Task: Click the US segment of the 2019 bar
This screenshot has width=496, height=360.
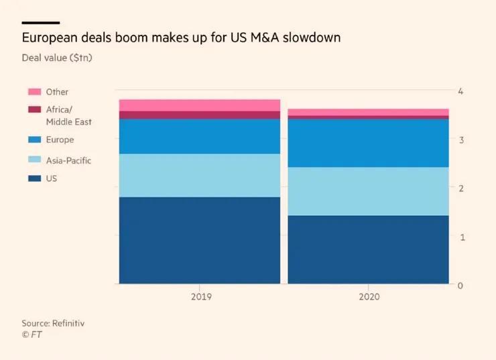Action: (x=200, y=240)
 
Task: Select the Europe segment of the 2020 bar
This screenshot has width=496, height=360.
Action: (x=368, y=143)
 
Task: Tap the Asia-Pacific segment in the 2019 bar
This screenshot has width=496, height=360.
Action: (x=200, y=175)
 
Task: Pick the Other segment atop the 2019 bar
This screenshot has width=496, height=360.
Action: (x=200, y=105)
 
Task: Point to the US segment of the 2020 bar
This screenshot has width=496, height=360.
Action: (x=368, y=249)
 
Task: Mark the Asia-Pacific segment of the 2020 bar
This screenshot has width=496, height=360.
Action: (x=368, y=191)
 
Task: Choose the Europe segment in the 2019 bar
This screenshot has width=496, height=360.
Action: (x=200, y=136)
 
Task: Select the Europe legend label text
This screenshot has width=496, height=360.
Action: (x=60, y=140)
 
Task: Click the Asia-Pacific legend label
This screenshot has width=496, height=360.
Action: (x=68, y=160)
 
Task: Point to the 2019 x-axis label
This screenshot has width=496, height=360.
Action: (x=200, y=296)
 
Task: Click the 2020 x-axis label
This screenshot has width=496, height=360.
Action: (x=368, y=296)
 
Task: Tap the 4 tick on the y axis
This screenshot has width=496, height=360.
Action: (x=460, y=91)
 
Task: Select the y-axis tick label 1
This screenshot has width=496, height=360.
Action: (x=460, y=237)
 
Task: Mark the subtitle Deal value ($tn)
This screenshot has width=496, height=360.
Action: (x=57, y=58)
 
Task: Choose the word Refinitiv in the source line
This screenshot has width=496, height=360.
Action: (x=69, y=323)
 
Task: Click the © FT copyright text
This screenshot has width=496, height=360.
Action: (x=32, y=334)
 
